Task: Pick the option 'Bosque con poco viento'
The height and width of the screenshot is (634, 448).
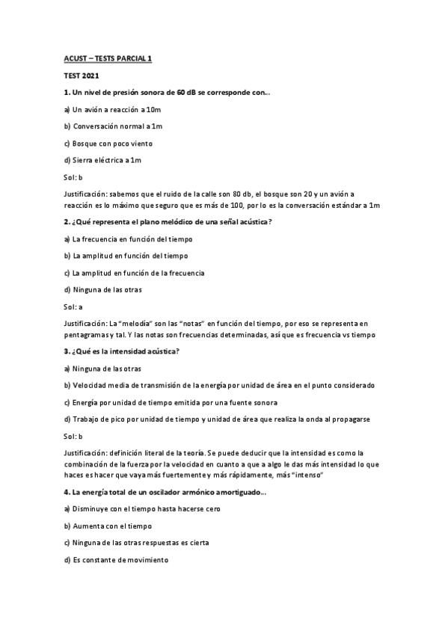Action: tap(108, 143)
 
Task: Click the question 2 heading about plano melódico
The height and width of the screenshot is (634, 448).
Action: tap(168, 222)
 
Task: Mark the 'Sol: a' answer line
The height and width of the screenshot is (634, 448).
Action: tap(73, 307)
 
